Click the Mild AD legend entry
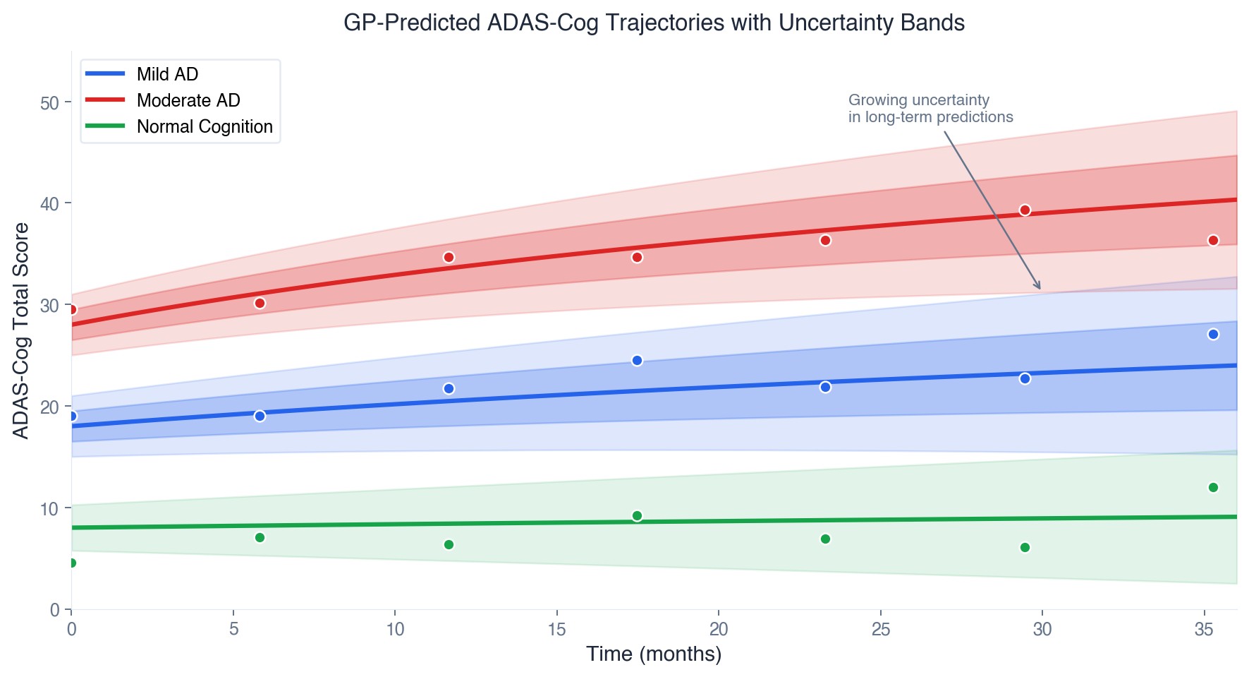pyautogui.click(x=167, y=74)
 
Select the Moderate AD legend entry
pyautogui.click(x=188, y=100)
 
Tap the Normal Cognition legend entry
pyautogui.click(x=204, y=126)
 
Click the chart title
pyautogui.click(x=653, y=23)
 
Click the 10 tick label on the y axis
pyautogui.click(x=49, y=509)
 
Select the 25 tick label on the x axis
pyautogui.click(x=880, y=629)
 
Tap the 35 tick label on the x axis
pyautogui.click(x=1204, y=629)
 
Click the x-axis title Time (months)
pyautogui.click(x=653, y=654)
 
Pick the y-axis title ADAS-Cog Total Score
pyautogui.click(x=21, y=330)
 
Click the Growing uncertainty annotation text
pyautogui.click(x=930, y=109)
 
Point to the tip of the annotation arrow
pyautogui.click(x=1040, y=289)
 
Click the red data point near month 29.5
pyautogui.click(x=1025, y=210)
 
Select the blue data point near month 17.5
pyautogui.click(x=637, y=361)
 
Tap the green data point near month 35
pyautogui.click(x=1213, y=488)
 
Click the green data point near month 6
pyautogui.click(x=260, y=538)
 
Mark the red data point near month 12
pyautogui.click(x=449, y=258)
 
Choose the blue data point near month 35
pyautogui.click(x=1213, y=335)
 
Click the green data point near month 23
pyautogui.click(x=825, y=539)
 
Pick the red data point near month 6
pyautogui.click(x=260, y=304)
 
